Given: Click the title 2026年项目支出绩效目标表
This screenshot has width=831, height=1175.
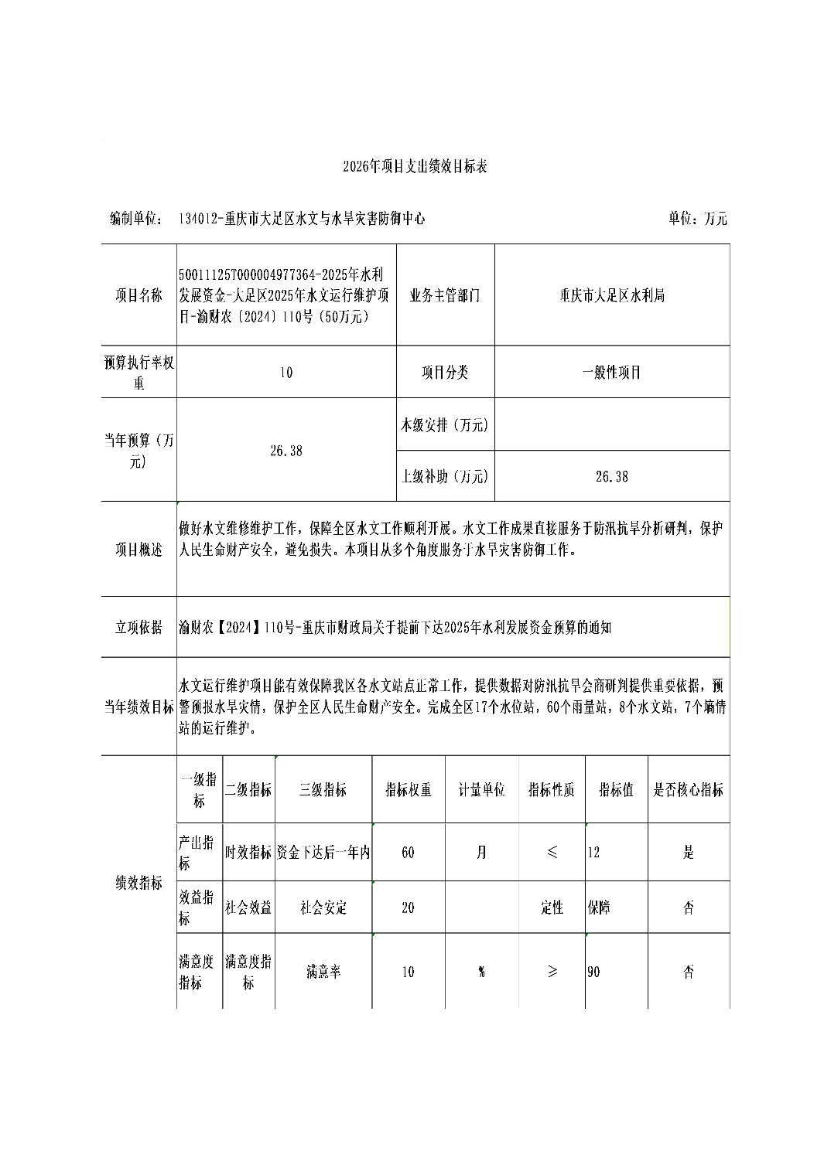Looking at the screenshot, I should [x=415, y=166].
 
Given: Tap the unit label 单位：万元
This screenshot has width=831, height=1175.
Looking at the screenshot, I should [x=697, y=219].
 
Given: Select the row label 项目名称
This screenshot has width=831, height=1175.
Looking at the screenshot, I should [x=139, y=295].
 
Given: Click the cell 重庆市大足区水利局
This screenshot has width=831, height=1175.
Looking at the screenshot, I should [x=611, y=295].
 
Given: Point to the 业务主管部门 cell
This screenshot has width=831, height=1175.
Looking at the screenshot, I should [x=445, y=295].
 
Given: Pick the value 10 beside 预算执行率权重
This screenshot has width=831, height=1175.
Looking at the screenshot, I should [x=286, y=373].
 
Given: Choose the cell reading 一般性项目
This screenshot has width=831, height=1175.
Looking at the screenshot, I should [x=611, y=373].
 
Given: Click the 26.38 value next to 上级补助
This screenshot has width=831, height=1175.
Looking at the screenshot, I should [x=611, y=477].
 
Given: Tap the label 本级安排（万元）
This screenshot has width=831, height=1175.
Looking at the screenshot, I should [x=445, y=424].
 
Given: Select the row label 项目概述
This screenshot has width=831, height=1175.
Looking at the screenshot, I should [x=139, y=550].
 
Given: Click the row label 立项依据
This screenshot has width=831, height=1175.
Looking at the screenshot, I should [x=139, y=627].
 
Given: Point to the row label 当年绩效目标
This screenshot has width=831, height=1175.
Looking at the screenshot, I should [x=139, y=707].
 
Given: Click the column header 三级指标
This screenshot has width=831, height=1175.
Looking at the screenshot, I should [x=323, y=789].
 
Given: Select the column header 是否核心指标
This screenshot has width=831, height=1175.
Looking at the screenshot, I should [x=688, y=789].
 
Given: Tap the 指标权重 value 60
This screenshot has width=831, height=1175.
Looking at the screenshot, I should [x=408, y=853].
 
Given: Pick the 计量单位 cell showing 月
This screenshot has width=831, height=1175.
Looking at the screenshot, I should [x=481, y=853].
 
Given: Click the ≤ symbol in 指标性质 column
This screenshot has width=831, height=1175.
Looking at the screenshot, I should [x=552, y=853].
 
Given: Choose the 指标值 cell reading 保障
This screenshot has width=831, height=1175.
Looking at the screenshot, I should [x=599, y=908].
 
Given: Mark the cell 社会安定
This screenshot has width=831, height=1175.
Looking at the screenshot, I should [x=323, y=908].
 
